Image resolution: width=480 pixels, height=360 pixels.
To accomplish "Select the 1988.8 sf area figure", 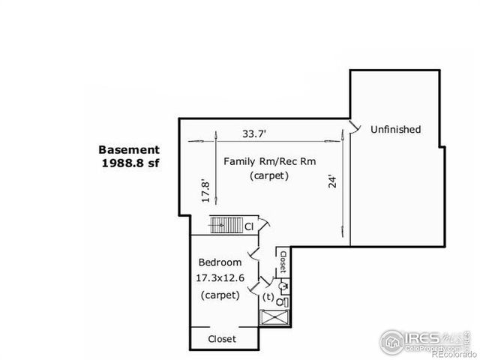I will coord(131,162).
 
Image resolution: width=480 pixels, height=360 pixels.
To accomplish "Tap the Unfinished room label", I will coord(395,130).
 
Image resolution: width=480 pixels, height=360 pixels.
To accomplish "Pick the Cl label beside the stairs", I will coord(249,226).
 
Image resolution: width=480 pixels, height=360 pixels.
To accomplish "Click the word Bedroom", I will coord(219,262).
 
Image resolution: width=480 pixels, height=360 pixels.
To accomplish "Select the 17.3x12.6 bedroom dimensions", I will coord(220,277).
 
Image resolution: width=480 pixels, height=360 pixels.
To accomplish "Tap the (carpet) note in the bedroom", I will coord(220,295).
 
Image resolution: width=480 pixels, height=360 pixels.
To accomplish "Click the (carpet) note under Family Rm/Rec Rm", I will coord(269,176).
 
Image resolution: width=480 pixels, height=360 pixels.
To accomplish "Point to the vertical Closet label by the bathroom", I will coord(283,260).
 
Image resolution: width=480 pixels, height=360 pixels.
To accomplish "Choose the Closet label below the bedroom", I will coord(221,339).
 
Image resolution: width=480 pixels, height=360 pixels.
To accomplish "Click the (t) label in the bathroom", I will coord(268,297).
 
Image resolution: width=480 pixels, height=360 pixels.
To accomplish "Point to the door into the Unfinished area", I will coord(353,127).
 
